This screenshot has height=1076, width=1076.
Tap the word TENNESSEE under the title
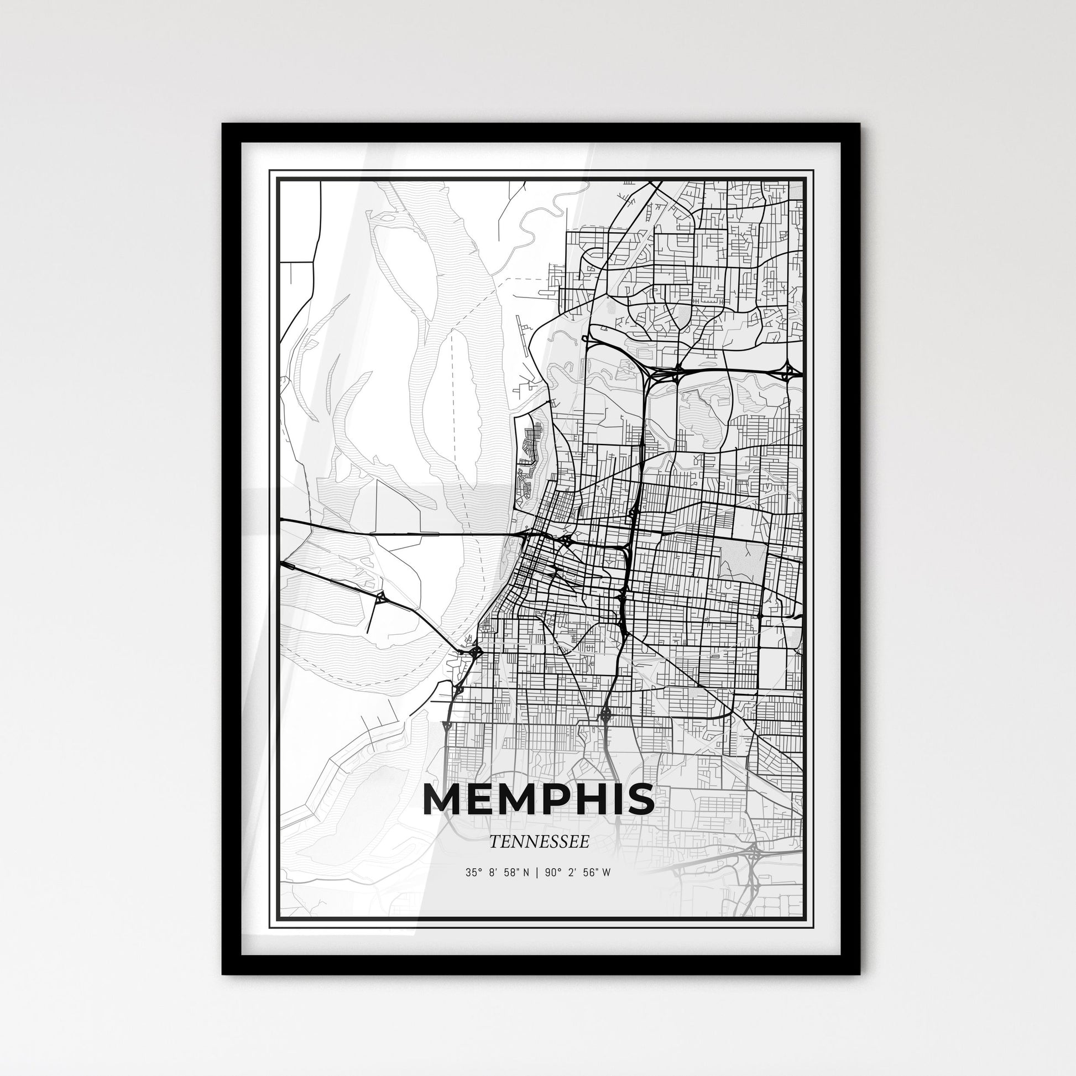click(x=539, y=842)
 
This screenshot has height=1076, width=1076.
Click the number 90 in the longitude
click(x=551, y=873)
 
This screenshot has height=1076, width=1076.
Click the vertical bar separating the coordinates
click(x=536, y=873)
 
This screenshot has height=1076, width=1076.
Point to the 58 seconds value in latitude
click(x=508, y=873)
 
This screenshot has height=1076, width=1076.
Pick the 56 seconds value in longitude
click(x=588, y=873)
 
